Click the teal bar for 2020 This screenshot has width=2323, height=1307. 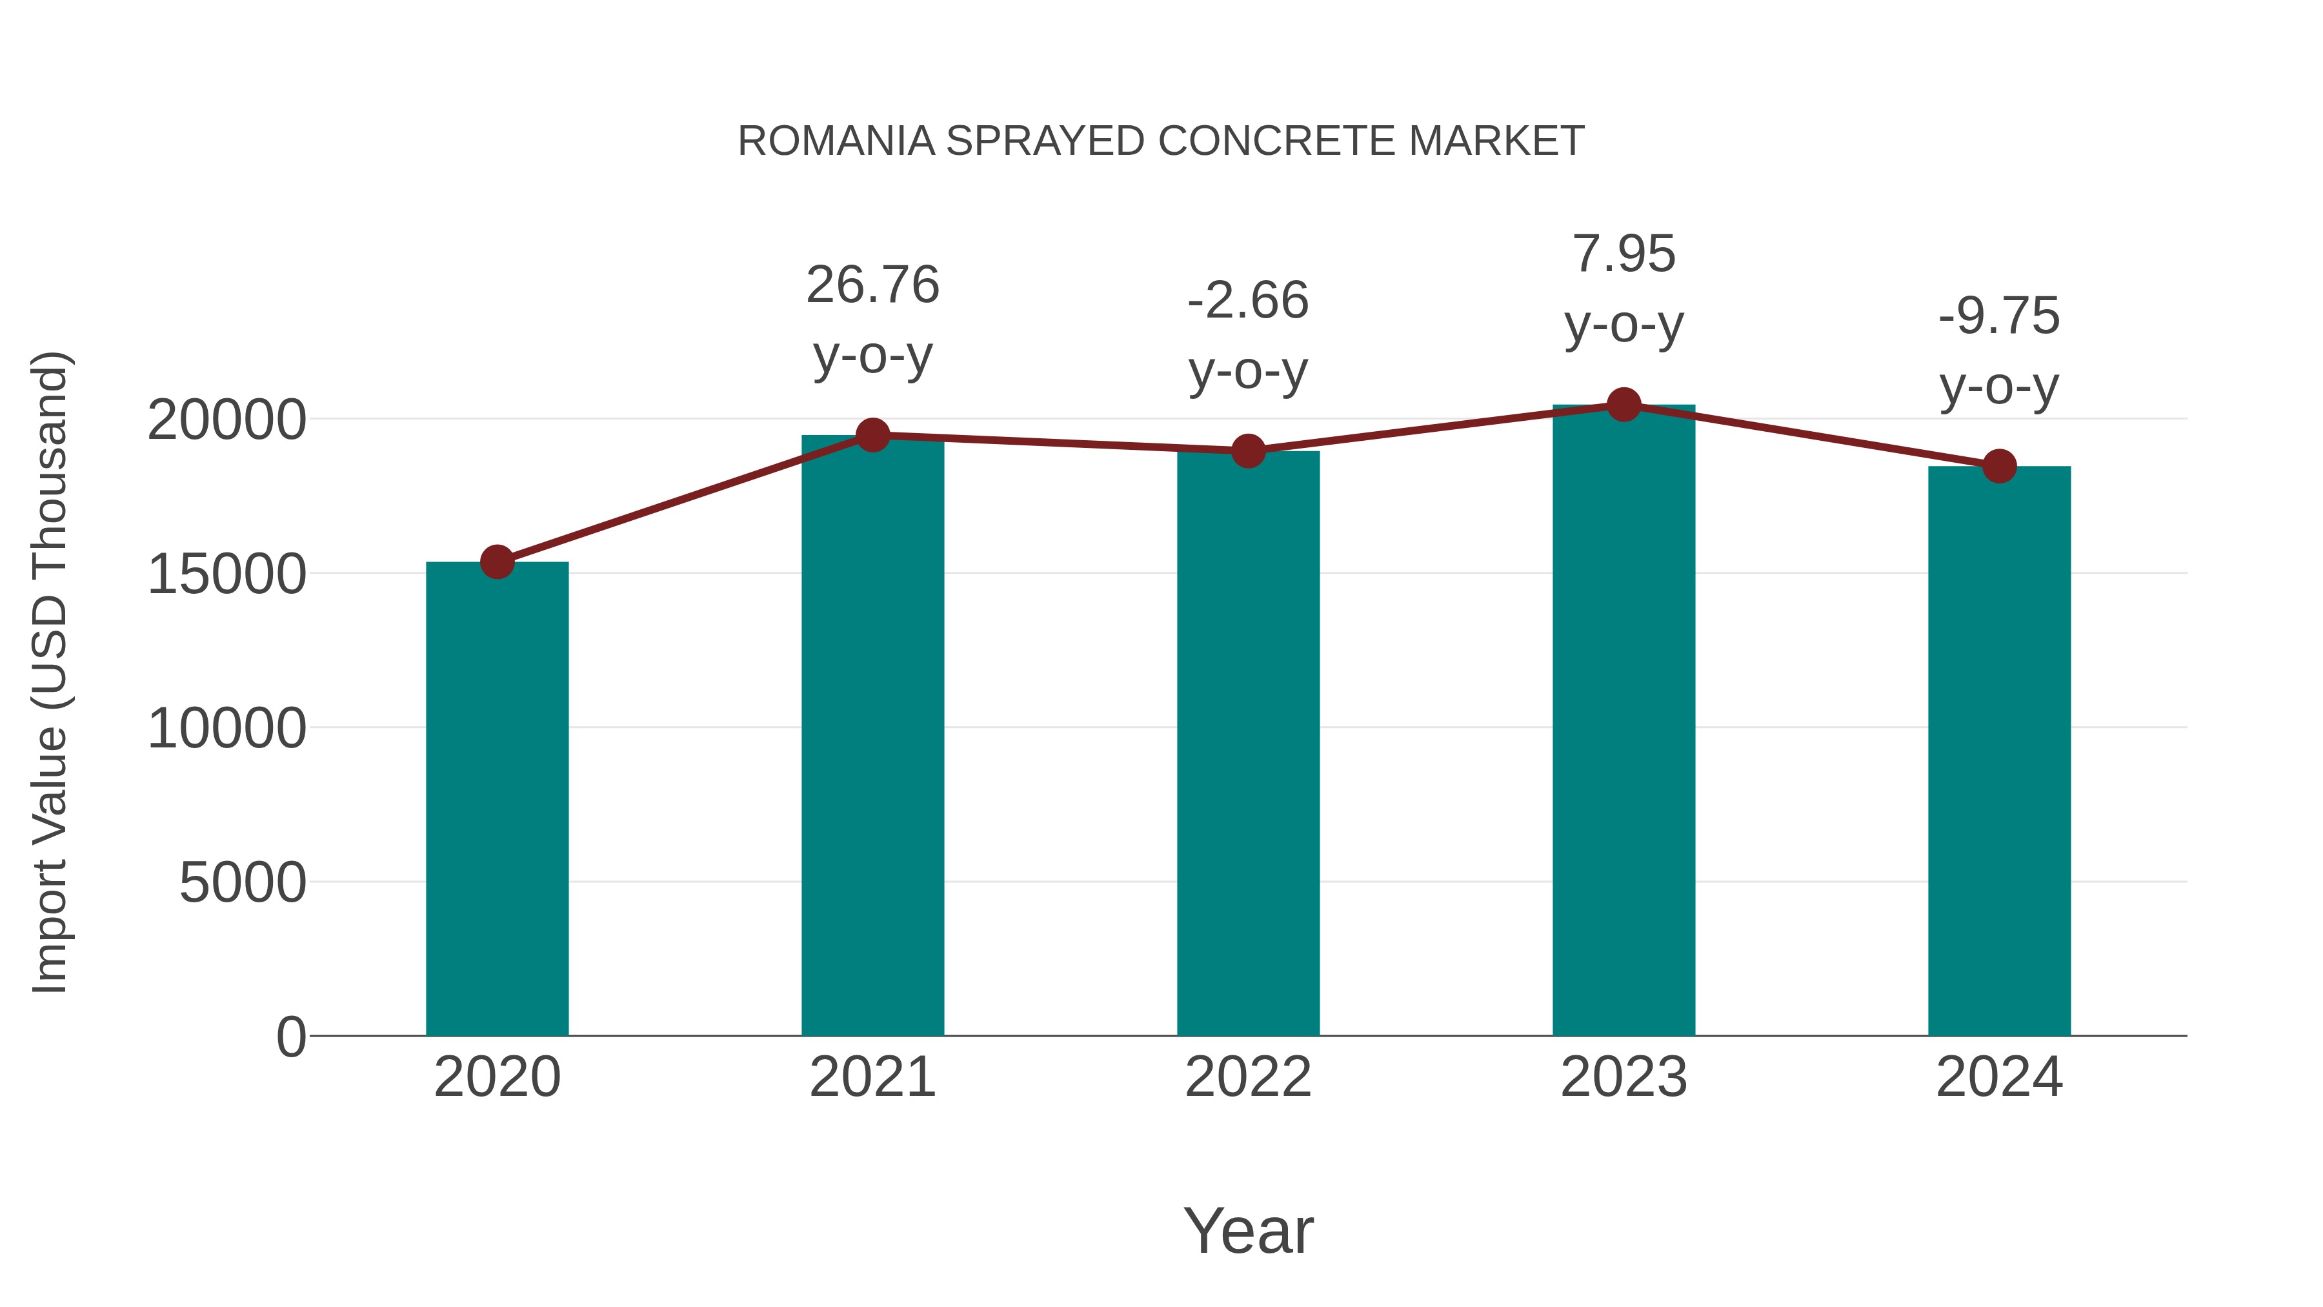coord(497,798)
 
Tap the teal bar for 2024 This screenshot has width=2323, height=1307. coord(1999,751)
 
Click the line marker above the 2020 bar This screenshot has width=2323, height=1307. coord(497,562)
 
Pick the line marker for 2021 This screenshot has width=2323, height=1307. coord(873,436)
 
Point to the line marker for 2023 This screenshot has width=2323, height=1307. coord(1624,405)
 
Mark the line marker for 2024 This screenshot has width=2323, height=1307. coord(1999,467)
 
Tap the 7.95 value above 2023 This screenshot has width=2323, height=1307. coord(1624,254)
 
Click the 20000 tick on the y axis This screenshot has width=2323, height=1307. coord(226,420)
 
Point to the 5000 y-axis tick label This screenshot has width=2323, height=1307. coord(243,882)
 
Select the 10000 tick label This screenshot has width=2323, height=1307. coord(226,728)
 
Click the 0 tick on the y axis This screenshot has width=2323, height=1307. coord(290,1037)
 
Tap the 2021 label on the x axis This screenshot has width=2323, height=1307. coord(873,1077)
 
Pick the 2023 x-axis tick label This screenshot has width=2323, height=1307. coord(1624,1077)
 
